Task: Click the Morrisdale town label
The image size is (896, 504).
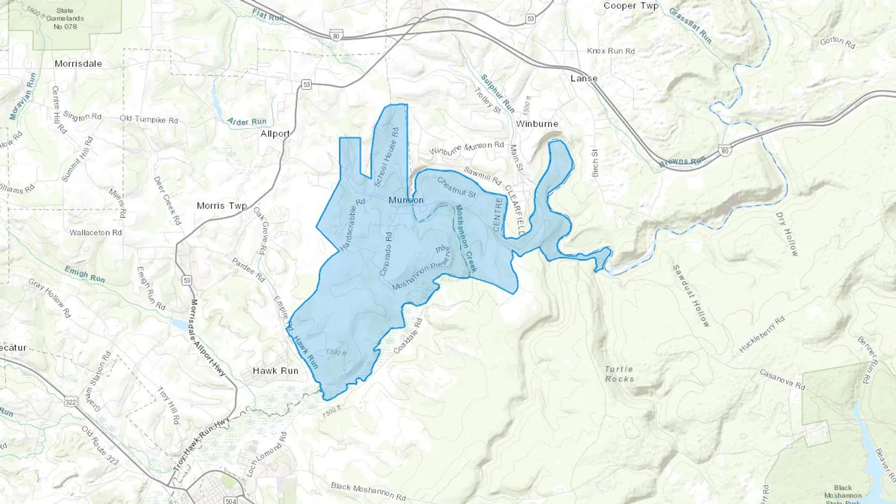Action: click(x=78, y=64)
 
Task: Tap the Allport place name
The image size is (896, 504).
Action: click(x=275, y=134)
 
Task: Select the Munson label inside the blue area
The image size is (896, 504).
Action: click(x=406, y=200)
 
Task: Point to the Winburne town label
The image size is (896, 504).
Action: click(x=537, y=124)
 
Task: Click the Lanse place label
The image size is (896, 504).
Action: click(x=584, y=79)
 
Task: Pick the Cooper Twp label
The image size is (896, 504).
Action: click(x=631, y=6)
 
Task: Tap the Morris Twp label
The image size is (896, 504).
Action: click(x=222, y=205)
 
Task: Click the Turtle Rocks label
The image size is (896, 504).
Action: click(x=619, y=374)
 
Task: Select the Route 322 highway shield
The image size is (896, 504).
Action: click(x=71, y=402)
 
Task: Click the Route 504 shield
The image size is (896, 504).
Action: click(x=230, y=500)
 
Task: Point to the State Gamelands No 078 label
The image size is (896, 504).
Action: click(x=65, y=18)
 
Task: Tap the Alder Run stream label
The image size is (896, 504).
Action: click(x=247, y=121)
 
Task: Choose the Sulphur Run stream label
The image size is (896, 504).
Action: click(x=497, y=93)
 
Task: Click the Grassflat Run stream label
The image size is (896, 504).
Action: click(x=690, y=25)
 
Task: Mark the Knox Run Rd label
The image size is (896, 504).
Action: click(x=611, y=51)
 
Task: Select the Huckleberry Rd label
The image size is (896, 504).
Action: click(x=761, y=334)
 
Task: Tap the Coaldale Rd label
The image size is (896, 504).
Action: click(x=408, y=336)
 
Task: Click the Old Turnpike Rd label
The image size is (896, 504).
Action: click(x=148, y=119)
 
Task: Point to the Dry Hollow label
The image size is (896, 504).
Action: click(x=787, y=234)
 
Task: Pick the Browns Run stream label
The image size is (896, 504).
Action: click(x=682, y=162)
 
